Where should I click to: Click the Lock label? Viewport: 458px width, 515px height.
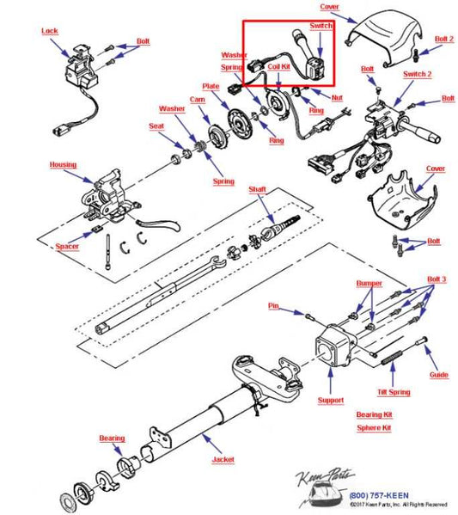tap(50, 31)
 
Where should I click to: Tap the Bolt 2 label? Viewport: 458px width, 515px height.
tap(443, 39)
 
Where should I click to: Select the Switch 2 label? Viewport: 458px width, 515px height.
tap(418, 75)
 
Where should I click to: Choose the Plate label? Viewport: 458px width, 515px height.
tap(211, 86)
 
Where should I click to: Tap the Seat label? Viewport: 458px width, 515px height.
tap(157, 126)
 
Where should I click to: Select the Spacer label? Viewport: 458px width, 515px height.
tap(67, 247)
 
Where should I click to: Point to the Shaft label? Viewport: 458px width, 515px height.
tap(258, 189)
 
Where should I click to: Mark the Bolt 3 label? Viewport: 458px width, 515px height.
tap(437, 280)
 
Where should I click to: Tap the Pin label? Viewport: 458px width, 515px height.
tap(275, 305)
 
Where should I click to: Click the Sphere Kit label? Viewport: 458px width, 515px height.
tap(374, 426)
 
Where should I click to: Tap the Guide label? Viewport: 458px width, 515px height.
tap(438, 375)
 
